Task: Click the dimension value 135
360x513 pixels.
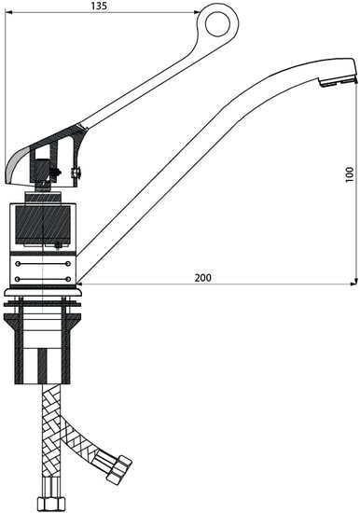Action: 99,6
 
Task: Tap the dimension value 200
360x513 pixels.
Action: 203,278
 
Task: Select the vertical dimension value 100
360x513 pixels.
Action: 350,174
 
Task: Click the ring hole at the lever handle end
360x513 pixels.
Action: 217,24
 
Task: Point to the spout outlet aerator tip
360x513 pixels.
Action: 337,81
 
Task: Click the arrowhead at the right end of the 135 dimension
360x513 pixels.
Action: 197,12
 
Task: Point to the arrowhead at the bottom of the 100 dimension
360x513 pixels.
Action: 356,282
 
